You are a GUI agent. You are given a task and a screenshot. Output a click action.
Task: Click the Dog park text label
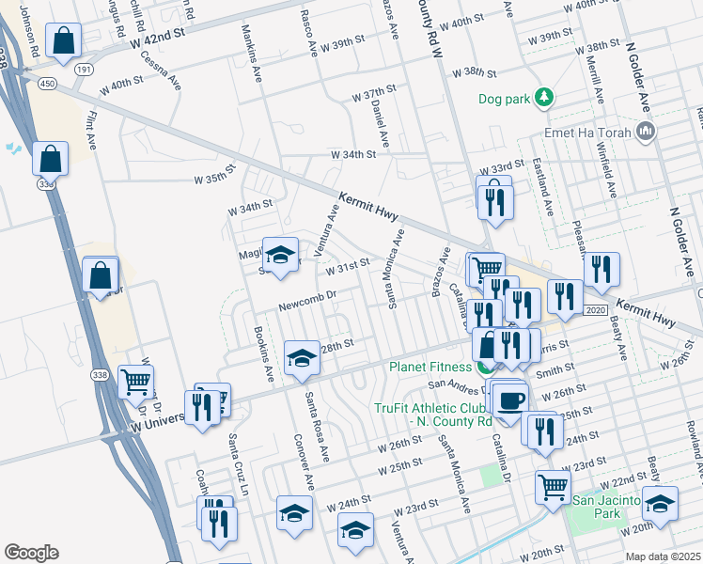[504, 97]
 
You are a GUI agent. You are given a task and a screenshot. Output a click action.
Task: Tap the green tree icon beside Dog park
[542, 97]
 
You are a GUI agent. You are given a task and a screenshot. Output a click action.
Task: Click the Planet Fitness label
[430, 368]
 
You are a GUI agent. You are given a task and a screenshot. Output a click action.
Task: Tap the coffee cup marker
[510, 401]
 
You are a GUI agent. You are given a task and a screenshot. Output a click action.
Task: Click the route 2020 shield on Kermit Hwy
[595, 309]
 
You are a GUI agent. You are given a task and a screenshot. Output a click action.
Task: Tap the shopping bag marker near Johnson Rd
[62, 41]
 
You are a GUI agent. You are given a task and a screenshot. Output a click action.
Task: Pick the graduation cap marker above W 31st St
[279, 255]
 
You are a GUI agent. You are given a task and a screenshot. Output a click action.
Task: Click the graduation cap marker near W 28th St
[301, 358]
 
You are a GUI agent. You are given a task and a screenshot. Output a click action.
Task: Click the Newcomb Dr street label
[306, 306]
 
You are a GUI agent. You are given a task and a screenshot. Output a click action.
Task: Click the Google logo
[31, 553]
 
